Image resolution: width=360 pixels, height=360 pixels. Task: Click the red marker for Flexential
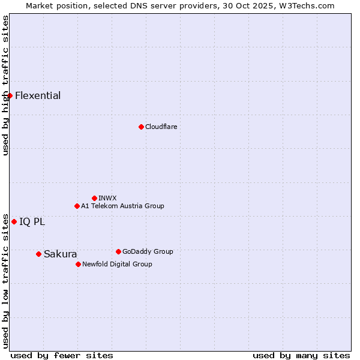click(x=10, y=95)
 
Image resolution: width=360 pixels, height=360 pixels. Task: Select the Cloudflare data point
click(x=141, y=127)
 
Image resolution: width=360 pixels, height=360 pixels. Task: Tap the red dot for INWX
click(x=94, y=198)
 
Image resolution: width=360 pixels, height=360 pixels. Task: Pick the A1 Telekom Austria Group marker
click(x=77, y=206)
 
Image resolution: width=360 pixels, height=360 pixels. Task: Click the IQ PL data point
click(x=14, y=221)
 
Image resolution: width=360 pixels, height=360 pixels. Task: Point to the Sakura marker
click(x=38, y=254)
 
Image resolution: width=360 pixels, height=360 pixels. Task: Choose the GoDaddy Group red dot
click(x=118, y=251)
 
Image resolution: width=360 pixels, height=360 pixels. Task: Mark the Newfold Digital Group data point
click(x=78, y=264)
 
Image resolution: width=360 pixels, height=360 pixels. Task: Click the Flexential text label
click(x=38, y=96)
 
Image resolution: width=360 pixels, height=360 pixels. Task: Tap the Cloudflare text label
click(x=161, y=127)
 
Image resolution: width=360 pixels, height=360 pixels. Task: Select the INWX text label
click(x=107, y=198)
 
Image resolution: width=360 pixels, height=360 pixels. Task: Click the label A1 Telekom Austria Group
click(x=122, y=206)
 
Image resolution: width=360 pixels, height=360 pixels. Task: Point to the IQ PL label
click(x=32, y=222)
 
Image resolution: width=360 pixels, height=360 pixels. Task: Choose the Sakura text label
click(x=60, y=254)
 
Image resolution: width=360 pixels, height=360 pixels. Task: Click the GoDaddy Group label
click(x=148, y=251)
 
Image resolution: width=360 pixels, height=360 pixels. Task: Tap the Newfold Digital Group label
click(x=117, y=264)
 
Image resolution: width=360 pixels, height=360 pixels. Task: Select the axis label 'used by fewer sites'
click(x=62, y=355)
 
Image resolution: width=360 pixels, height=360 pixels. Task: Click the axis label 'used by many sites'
click(x=301, y=355)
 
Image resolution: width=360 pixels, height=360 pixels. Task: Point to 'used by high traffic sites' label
click(x=5, y=85)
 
